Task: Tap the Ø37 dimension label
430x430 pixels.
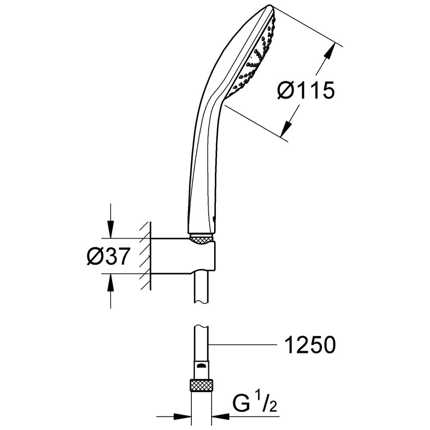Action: [x=108, y=256]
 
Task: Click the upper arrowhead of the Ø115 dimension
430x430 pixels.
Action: [x=330, y=51]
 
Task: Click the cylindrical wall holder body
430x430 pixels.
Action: [x=183, y=256]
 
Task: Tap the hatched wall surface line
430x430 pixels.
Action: [x=150, y=255]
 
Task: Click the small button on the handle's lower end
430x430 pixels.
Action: [x=214, y=218]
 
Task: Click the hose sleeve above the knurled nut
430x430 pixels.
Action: [x=202, y=371]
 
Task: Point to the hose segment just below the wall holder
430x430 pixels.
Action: [x=202, y=288]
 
